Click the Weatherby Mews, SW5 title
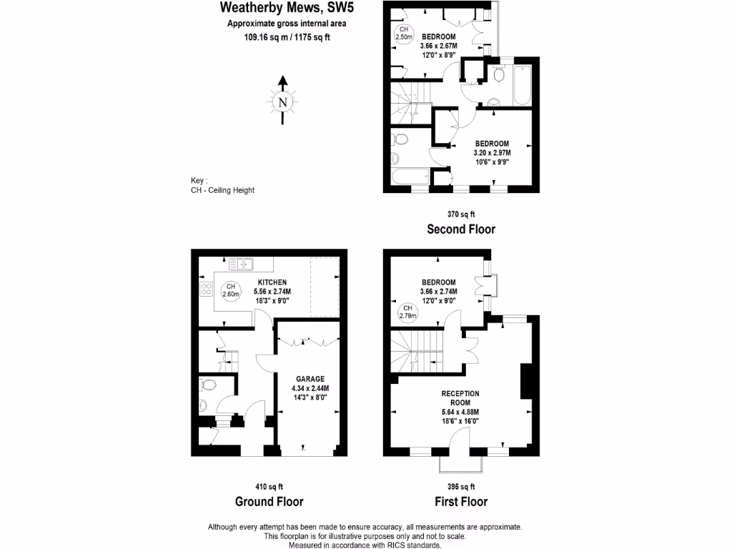tap(287, 9)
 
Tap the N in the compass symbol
tap(284, 102)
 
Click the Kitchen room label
tap(272, 282)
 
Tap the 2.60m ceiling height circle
tap(230, 290)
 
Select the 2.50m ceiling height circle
tap(405, 33)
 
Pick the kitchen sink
tap(241, 265)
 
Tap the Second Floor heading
tap(460, 229)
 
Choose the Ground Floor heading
tap(269, 501)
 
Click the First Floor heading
tap(460, 501)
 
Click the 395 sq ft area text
tap(460, 486)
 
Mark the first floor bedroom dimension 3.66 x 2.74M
tap(438, 292)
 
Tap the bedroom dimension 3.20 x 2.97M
tap(491, 152)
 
